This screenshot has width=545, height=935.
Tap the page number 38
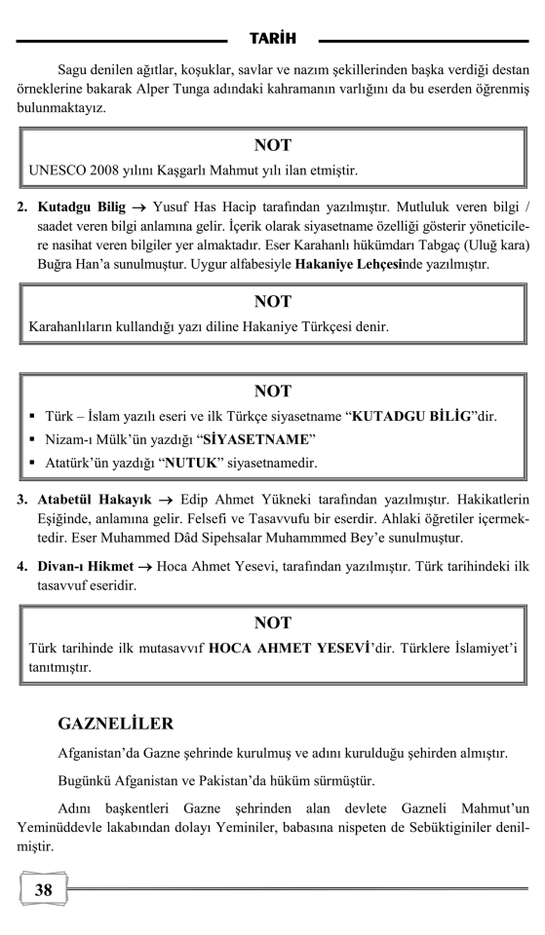click(x=44, y=889)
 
